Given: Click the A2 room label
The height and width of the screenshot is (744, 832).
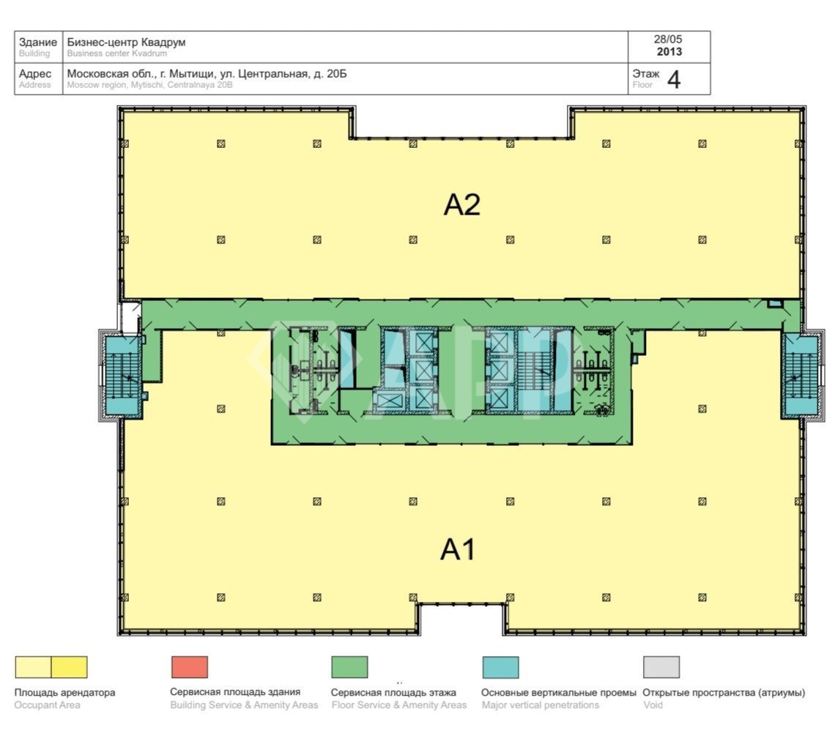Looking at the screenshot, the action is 461,205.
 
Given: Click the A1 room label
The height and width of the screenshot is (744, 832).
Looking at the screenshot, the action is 458,549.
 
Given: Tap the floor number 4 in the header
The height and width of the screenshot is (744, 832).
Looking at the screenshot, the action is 673,80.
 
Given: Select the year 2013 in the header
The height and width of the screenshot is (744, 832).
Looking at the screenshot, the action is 669,52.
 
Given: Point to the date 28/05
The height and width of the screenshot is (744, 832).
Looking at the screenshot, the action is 668,40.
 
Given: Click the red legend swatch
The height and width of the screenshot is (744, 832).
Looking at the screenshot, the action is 190,667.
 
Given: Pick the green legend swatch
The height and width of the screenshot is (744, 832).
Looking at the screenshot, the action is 349,667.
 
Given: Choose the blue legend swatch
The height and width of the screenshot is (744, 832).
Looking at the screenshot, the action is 500,667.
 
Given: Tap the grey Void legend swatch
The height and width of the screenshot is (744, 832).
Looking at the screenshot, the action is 661,667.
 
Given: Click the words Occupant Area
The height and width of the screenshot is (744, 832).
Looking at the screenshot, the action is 47,705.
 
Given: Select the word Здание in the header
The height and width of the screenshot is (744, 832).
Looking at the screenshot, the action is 37,42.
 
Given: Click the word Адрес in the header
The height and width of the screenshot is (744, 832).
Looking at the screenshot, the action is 35,74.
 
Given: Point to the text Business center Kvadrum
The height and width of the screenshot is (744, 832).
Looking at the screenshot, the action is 116,53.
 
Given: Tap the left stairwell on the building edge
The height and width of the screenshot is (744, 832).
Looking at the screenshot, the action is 122,375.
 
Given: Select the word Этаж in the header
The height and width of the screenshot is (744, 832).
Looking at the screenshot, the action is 646,74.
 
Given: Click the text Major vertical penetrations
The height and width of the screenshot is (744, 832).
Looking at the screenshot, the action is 541,705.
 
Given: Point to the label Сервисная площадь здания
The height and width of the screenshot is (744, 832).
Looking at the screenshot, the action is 235,692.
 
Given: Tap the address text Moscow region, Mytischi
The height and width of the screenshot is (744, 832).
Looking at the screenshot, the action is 116,85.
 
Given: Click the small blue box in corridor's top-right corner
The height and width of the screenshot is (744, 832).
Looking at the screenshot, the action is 775,304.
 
